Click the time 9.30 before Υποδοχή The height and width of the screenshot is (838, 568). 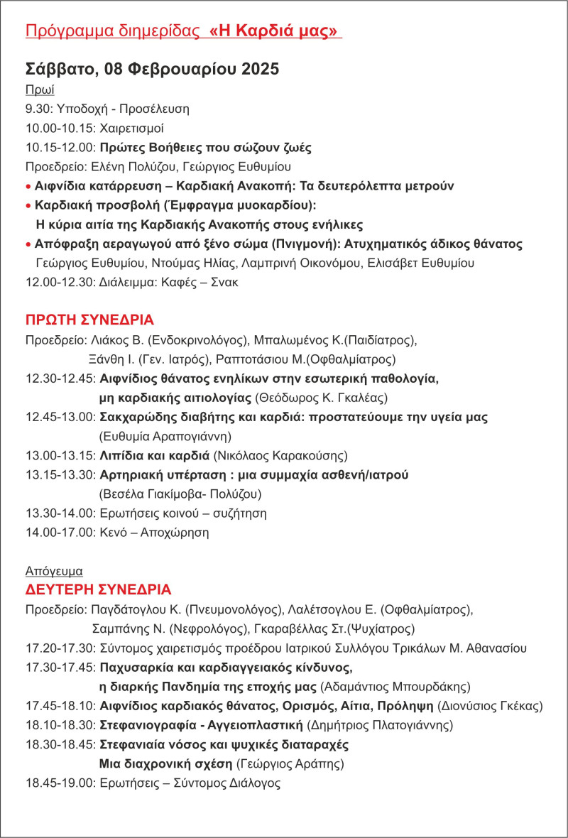pos(36,109)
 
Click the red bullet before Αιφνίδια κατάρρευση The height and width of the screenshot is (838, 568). pos(28,186)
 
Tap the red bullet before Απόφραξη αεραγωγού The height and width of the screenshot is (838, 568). pos(28,244)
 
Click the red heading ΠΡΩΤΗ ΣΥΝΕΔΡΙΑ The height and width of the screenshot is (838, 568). pos(89,319)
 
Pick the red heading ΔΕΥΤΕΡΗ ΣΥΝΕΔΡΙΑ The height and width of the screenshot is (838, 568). pos(98,590)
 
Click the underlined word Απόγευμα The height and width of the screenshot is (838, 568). pos(54,571)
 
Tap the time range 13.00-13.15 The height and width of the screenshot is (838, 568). pos(59,455)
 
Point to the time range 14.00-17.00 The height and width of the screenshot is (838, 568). pos(59,532)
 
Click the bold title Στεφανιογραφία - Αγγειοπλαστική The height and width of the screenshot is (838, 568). pos(202,726)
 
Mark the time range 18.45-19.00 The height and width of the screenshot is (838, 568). pos(59,784)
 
